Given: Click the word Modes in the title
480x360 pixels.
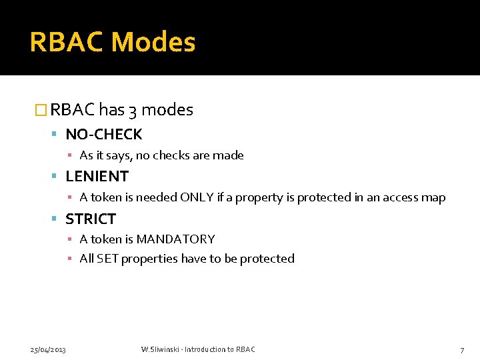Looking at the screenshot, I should click(x=153, y=42).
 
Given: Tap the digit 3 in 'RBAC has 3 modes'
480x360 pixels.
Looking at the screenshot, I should click(x=133, y=110).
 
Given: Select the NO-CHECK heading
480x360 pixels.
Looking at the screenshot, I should click(x=103, y=135).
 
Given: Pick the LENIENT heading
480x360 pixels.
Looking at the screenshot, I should click(x=97, y=177).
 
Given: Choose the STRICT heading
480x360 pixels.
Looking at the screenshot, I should click(x=91, y=219).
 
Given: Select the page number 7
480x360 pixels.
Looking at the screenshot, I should click(x=462, y=349).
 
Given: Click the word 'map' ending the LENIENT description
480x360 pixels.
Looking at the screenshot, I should click(x=433, y=197).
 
